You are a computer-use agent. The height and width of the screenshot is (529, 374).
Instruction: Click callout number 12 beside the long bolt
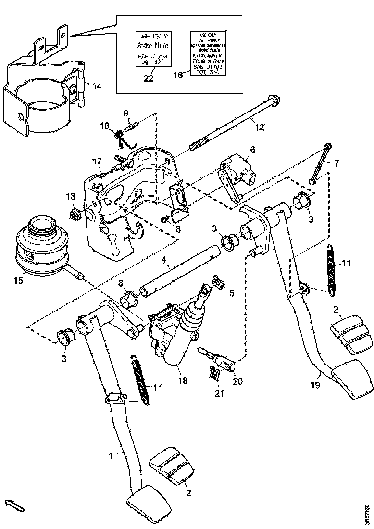[x=259, y=127]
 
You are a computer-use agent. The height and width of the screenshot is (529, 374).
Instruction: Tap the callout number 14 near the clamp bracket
[x=97, y=86]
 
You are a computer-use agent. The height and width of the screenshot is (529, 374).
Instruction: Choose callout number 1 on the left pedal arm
[x=111, y=455]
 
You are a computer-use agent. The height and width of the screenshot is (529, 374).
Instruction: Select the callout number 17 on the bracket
[x=97, y=161]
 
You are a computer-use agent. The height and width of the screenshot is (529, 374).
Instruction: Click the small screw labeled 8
[x=166, y=219]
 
